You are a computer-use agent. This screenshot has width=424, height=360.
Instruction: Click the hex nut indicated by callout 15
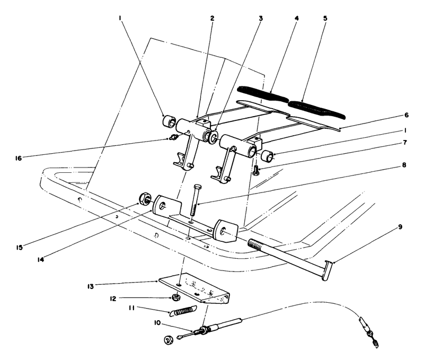tap(143, 199)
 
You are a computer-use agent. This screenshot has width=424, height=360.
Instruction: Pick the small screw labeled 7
tap(256, 170)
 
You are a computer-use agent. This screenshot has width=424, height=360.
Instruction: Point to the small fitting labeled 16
tap(171, 139)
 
